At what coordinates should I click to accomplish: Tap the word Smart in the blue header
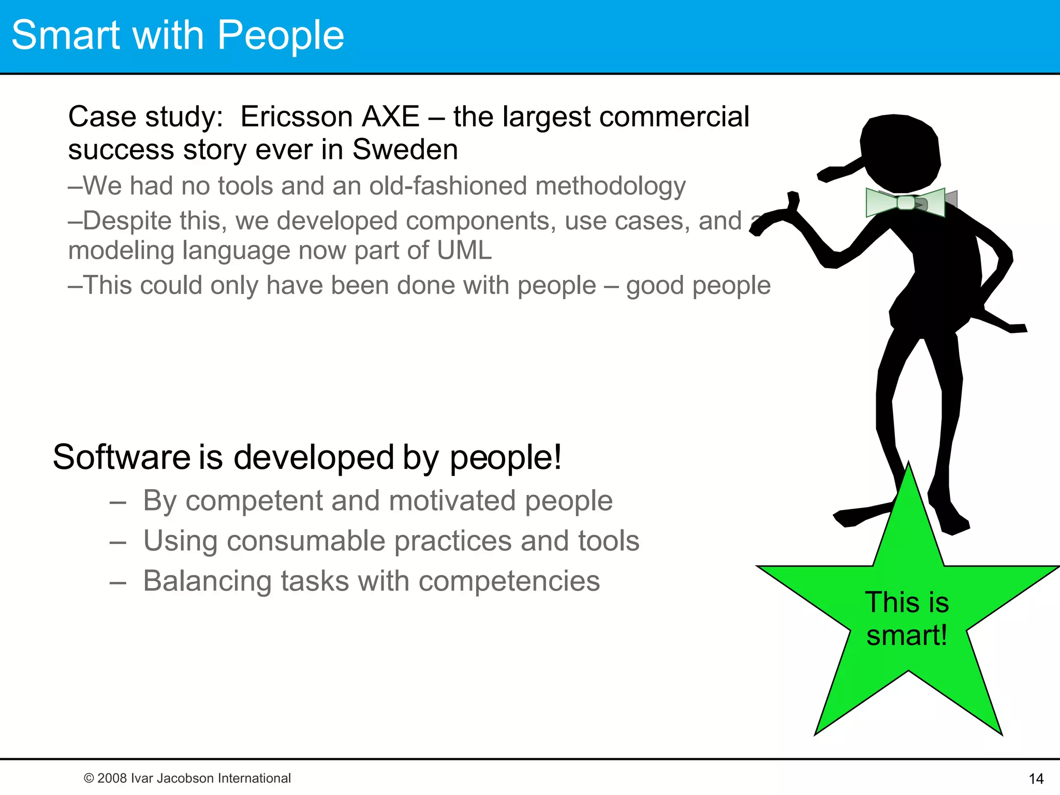point(65,35)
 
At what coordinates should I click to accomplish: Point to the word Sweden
point(405,150)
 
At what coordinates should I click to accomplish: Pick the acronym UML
point(464,251)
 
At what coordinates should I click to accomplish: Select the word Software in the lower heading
point(122,458)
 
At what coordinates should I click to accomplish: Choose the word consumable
point(306,541)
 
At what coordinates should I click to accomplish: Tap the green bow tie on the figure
point(906,202)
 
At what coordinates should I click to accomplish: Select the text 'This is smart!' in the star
point(907,619)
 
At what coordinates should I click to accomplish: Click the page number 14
point(1036,779)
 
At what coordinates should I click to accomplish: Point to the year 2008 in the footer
point(112,778)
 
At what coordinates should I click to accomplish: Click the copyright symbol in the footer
point(89,778)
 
